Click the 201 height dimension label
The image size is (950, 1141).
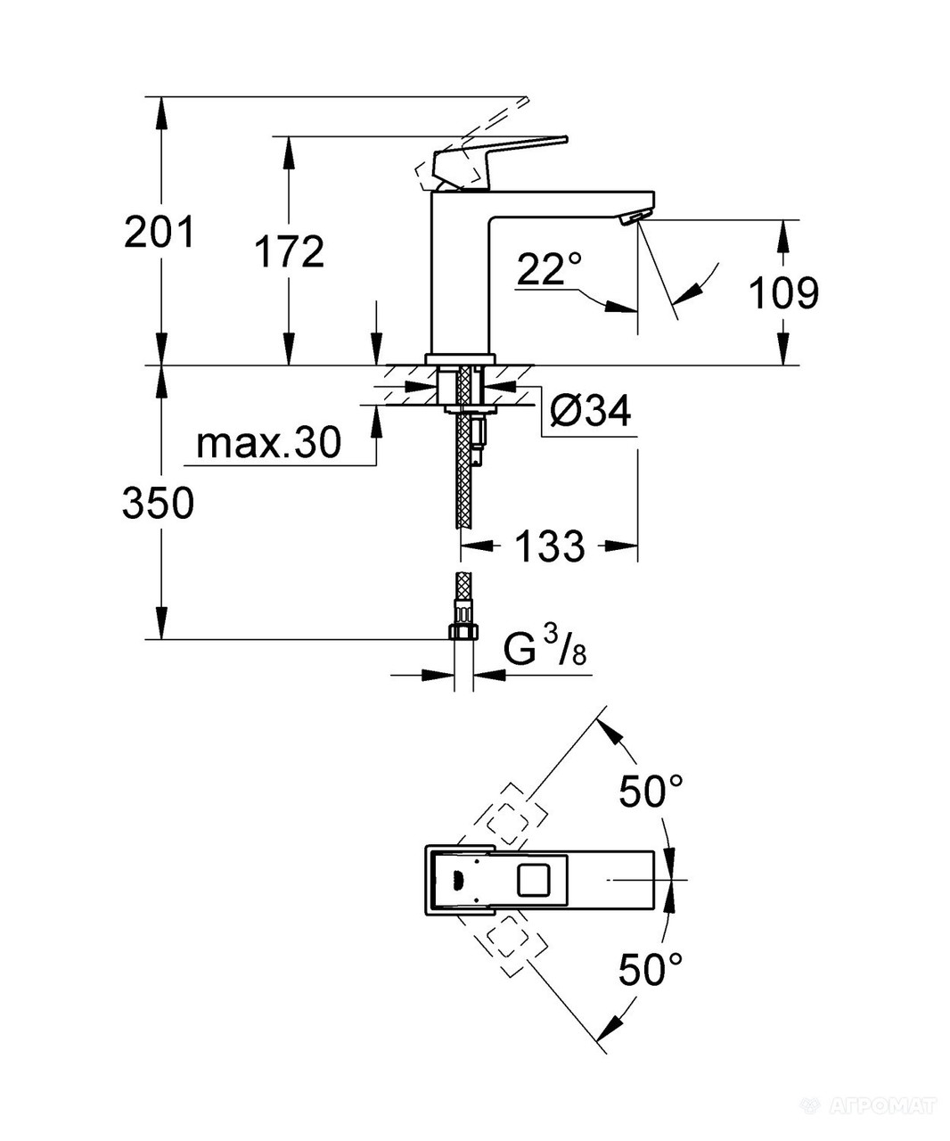point(158,234)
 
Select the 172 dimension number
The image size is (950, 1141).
point(289,253)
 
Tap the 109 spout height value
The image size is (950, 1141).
point(782,292)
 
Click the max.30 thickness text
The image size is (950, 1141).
point(268,443)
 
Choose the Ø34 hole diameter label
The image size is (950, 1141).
point(590,411)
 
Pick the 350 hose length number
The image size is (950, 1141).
point(158,505)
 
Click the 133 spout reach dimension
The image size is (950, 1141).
point(549,546)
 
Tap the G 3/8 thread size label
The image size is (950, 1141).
point(545,652)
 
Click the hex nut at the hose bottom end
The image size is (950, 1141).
point(463,631)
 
